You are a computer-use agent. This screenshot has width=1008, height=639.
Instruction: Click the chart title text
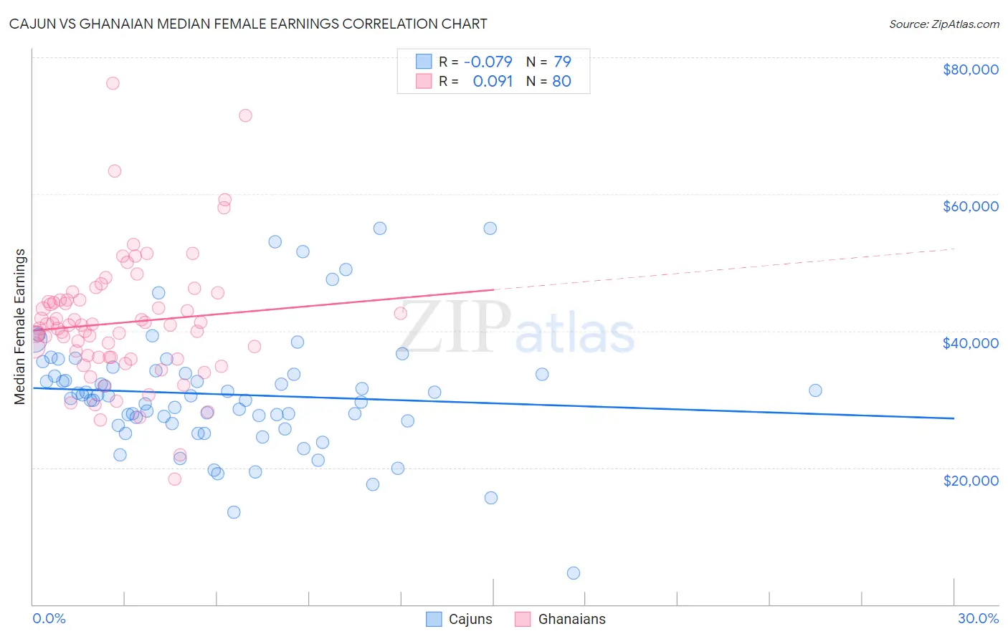click(248, 24)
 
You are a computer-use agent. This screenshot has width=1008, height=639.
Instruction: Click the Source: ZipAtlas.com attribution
click(943, 24)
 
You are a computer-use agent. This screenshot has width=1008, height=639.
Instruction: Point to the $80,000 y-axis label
click(970, 69)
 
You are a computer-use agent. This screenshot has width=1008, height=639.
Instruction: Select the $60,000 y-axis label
click(970, 206)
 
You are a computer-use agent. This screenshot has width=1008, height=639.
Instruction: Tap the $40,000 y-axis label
click(970, 343)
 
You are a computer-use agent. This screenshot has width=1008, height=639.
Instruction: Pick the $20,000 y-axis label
click(970, 480)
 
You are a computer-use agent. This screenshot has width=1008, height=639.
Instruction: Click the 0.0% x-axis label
click(49, 618)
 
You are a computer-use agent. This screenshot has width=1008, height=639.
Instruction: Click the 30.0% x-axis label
click(978, 618)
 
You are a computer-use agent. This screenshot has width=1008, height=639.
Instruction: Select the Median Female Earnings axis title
click(20, 326)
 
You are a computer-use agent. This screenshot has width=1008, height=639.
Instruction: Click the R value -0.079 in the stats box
click(488, 62)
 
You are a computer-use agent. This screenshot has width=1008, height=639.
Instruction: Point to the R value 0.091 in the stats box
click(493, 81)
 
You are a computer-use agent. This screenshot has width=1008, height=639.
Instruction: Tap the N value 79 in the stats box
click(562, 62)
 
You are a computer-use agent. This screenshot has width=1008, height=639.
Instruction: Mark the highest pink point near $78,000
click(113, 83)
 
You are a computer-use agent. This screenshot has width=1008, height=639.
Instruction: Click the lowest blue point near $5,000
click(574, 573)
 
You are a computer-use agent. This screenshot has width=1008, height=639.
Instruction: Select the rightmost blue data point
click(815, 390)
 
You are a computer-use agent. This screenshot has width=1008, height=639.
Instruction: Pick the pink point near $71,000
click(245, 115)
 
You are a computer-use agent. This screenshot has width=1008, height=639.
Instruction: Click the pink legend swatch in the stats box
click(424, 81)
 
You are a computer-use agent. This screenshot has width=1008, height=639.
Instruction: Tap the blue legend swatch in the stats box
click(424, 62)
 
